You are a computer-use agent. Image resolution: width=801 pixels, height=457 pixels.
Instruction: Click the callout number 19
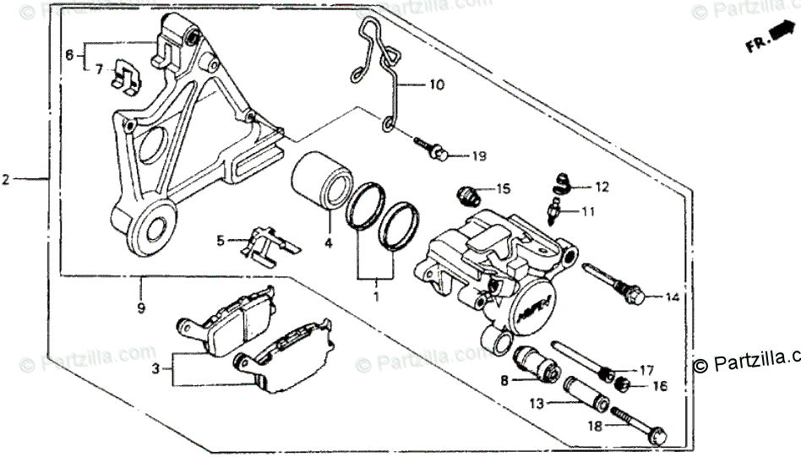coord(479,155)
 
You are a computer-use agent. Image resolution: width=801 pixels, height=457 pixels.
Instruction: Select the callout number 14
coord(672,297)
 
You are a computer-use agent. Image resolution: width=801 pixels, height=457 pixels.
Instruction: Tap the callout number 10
coord(436,84)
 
